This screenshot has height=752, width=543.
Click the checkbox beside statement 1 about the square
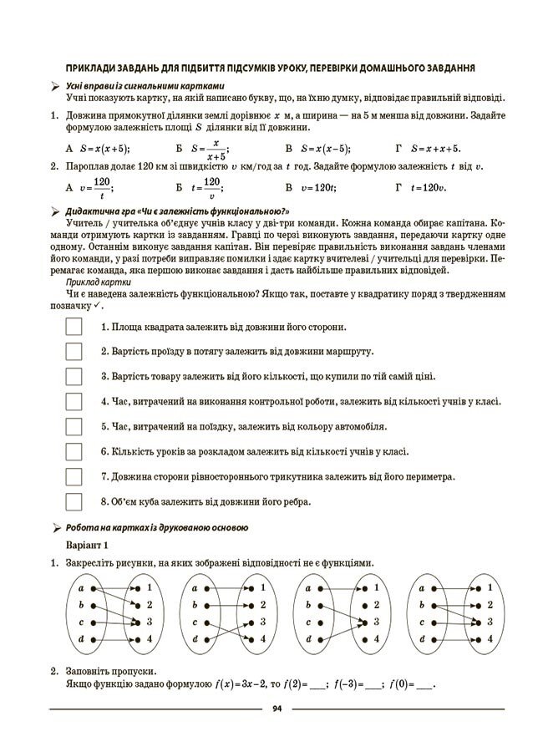click(74, 327)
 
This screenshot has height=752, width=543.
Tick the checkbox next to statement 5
click(74, 426)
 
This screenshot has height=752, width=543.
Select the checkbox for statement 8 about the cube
click(74, 501)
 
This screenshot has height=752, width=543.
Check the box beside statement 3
click(74, 376)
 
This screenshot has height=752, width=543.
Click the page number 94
click(277, 709)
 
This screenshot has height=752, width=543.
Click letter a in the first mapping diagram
click(80, 588)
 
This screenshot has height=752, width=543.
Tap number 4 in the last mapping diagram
click(490, 638)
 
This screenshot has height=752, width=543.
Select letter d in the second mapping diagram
click(195, 639)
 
